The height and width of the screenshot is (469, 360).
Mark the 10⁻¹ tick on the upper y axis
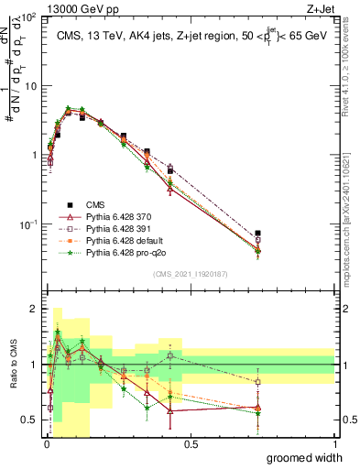click(x=28, y=224)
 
